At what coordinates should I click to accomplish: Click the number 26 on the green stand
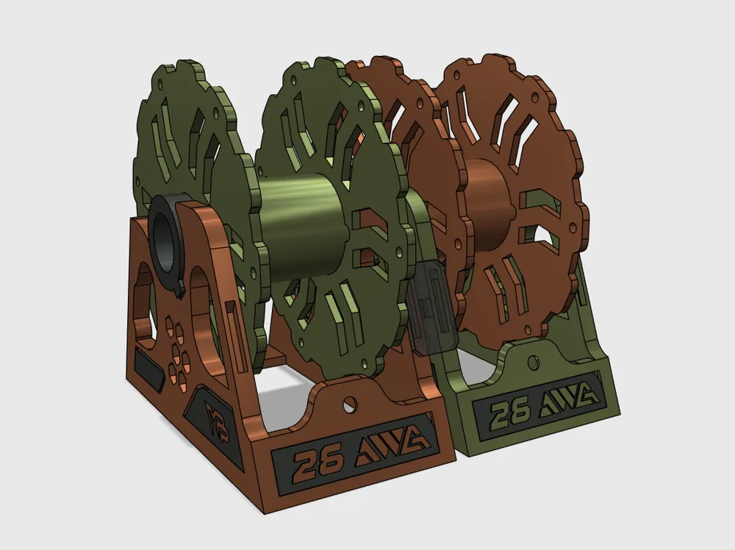[509, 414]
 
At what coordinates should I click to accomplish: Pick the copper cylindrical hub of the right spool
[486, 196]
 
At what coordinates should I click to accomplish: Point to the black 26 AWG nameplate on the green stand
[541, 408]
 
